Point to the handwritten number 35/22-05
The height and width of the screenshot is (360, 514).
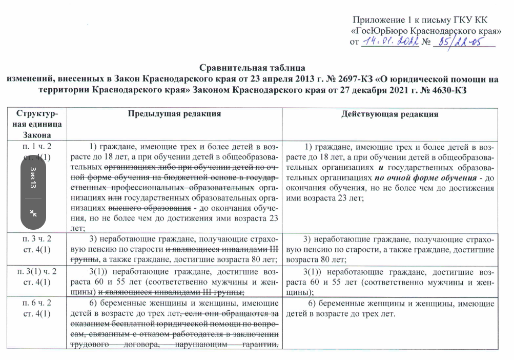pos(457,43)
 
